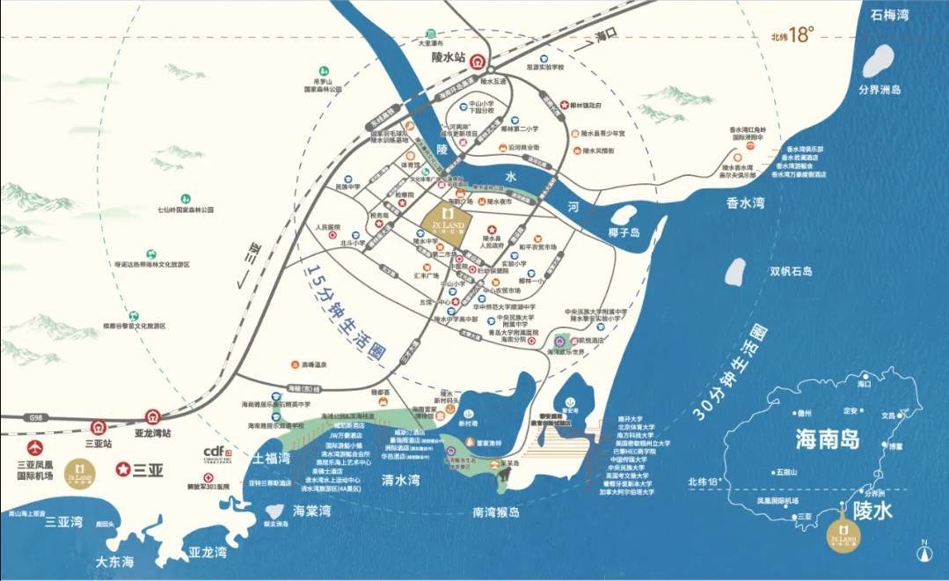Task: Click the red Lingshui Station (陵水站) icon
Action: (478, 63)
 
